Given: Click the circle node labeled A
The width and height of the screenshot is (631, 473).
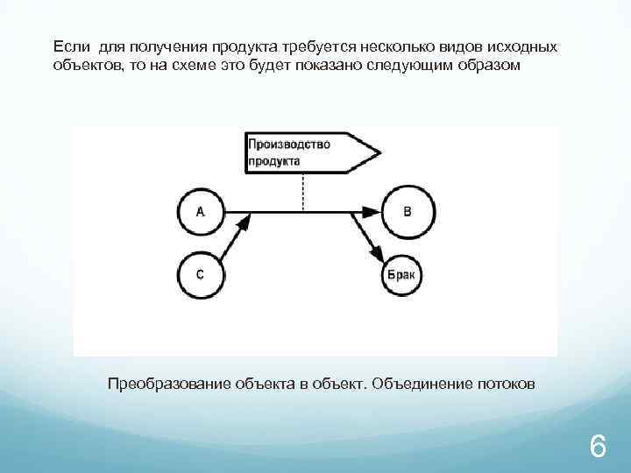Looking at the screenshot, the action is tap(201, 211).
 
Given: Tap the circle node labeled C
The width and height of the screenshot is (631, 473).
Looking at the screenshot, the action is tap(201, 274).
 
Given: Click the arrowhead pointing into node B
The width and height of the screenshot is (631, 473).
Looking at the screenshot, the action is tap(370, 211).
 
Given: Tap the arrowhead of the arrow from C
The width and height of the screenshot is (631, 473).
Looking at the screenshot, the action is tap(244, 224).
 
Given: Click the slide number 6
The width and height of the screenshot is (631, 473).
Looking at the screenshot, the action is tap(598, 448).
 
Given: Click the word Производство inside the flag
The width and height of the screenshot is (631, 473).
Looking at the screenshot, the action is tap(289, 145).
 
